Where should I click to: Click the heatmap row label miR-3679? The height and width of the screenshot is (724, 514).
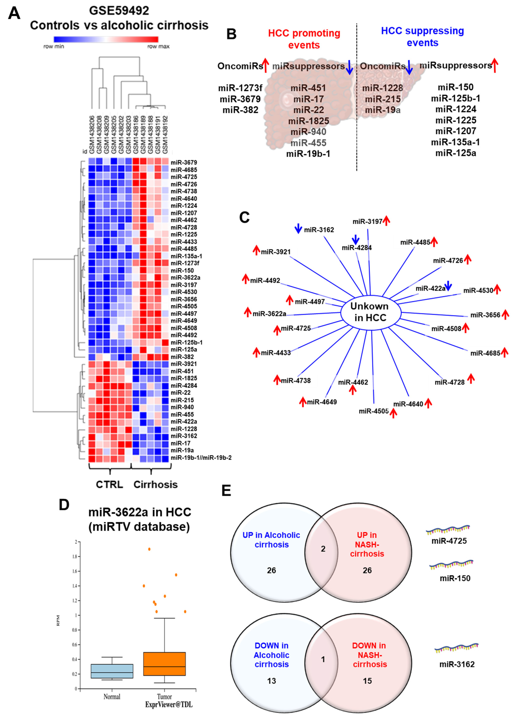(x=184, y=162)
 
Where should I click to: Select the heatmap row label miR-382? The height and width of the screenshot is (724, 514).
(x=182, y=357)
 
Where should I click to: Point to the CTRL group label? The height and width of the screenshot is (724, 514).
(x=109, y=484)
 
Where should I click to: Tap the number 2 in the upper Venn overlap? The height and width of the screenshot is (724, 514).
(x=323, y=549)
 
